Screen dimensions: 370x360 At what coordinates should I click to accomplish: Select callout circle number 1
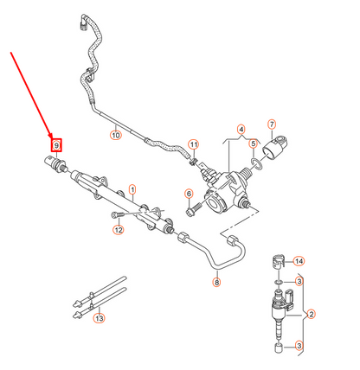[132, 188]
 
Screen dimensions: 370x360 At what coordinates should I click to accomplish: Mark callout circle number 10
[115, 135]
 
